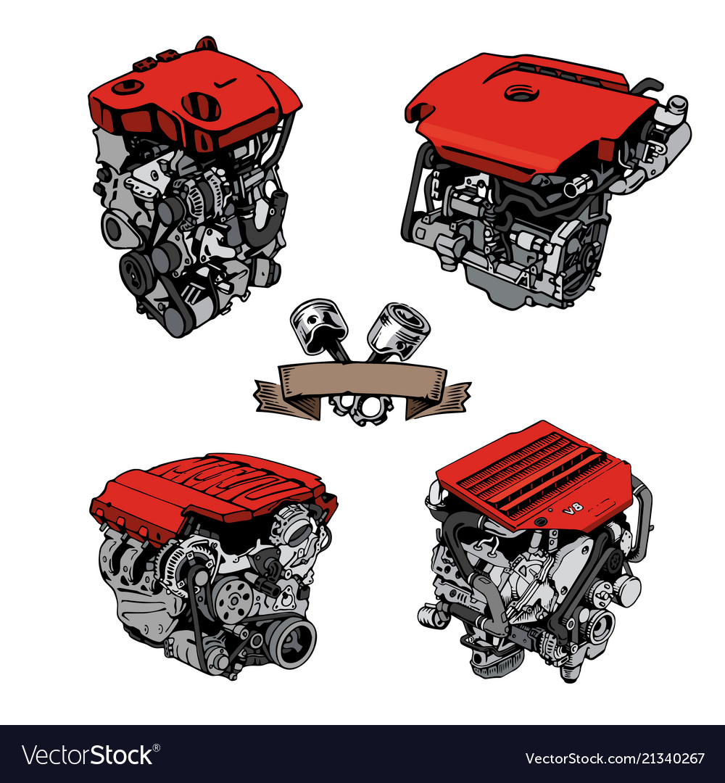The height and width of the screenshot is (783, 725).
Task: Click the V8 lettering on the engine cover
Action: (x=572, y=510)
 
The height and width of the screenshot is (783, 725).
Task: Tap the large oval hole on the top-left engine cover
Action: (x=202, y=107)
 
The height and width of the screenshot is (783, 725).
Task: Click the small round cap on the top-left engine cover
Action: (x=128, y=88)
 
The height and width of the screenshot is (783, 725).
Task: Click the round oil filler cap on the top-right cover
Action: (x=518, y=93)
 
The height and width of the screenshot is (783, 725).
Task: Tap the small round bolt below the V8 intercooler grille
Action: (x=539, y=521)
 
